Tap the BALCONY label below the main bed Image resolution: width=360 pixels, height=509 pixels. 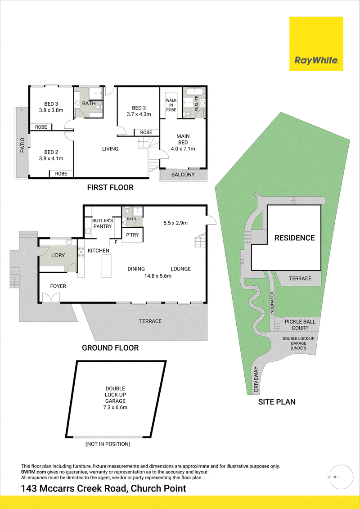(x=183, y=175)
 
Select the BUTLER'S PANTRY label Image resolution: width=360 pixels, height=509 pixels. (x=102, y=223)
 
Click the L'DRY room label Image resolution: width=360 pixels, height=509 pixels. (x=58, y=256)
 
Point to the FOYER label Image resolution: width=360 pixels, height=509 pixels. (x=58, y=286)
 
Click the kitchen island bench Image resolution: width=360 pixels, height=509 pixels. (x=107, y=266)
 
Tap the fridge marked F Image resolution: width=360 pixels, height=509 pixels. (x=116, y=242)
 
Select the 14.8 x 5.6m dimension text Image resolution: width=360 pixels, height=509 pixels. (x=158, y=276)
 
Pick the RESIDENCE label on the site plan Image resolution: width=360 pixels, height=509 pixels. (x=295, y=238)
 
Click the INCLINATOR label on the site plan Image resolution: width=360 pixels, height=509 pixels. (x=273, y=303)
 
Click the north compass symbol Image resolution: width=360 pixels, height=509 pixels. (x=336, y=477)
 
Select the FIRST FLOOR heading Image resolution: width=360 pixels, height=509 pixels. (x=110, y=187)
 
